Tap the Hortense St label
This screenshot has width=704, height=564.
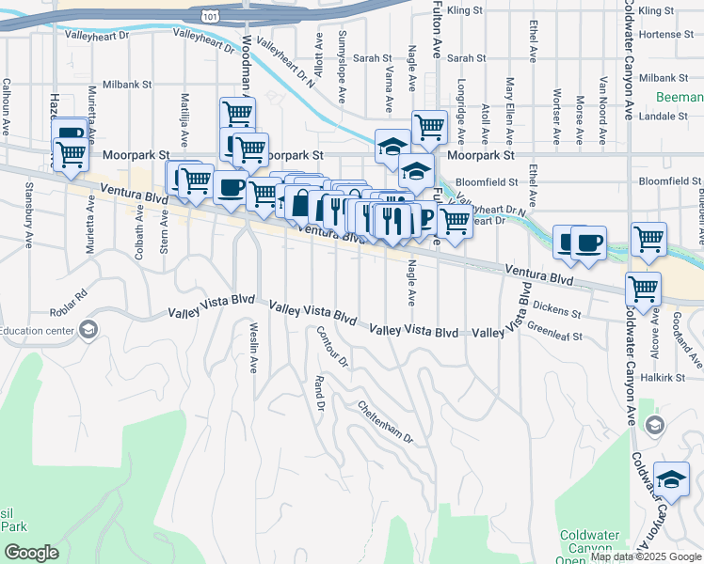click(x=664, y=35)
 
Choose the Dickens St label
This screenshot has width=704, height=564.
click(x=557, y=305)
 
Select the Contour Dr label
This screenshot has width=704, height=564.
click(x=332, y=347)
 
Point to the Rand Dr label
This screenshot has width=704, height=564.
click(x=319, y=394)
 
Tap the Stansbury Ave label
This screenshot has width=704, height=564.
click(x=28, y=227)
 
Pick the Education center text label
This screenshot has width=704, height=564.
click(x=37, y=330)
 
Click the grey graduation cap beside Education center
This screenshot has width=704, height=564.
click(x=88, y=329)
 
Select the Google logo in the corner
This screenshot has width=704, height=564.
click(x=31, y=553)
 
